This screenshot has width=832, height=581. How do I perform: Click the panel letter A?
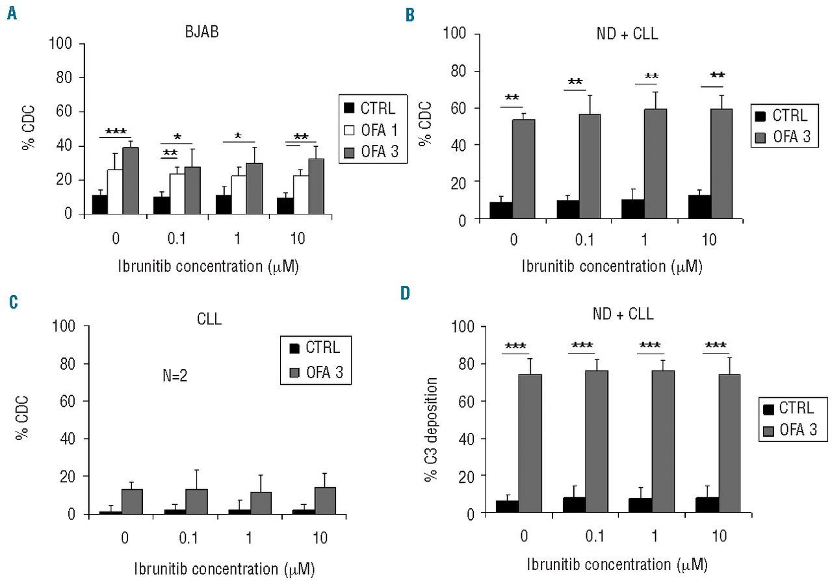coord(11,13)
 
